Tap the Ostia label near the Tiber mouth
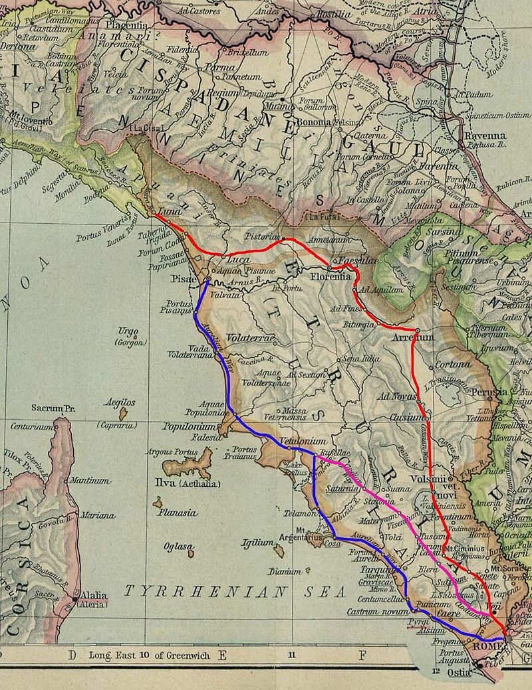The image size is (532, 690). pyautogui.click(x=476, y=673)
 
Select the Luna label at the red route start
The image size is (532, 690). pyautogui.click(x=172, y=211)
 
